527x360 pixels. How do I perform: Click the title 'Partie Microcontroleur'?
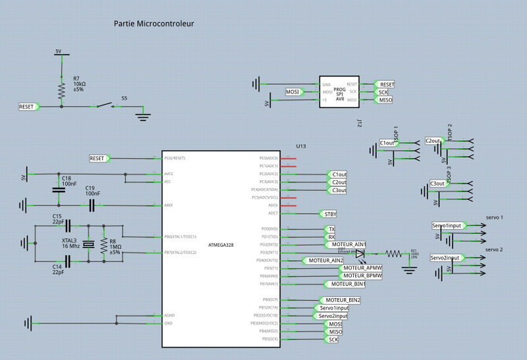[x=154, y=24]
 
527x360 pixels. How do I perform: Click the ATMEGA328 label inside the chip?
[x=221, y=245]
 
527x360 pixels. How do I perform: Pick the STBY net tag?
[x=327, y=214]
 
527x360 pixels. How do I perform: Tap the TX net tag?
[x=331, y=229]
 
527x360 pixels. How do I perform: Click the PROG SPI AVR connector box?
[x=339, y=92]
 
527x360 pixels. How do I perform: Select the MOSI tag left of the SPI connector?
[x=294, y=91]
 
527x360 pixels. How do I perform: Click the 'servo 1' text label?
[x=494, y=217]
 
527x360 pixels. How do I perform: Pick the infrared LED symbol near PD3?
[x=360, y=252]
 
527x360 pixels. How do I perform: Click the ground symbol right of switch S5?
[x=142, y=117]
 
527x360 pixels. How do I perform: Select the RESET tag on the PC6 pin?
[x=99, y=158]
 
